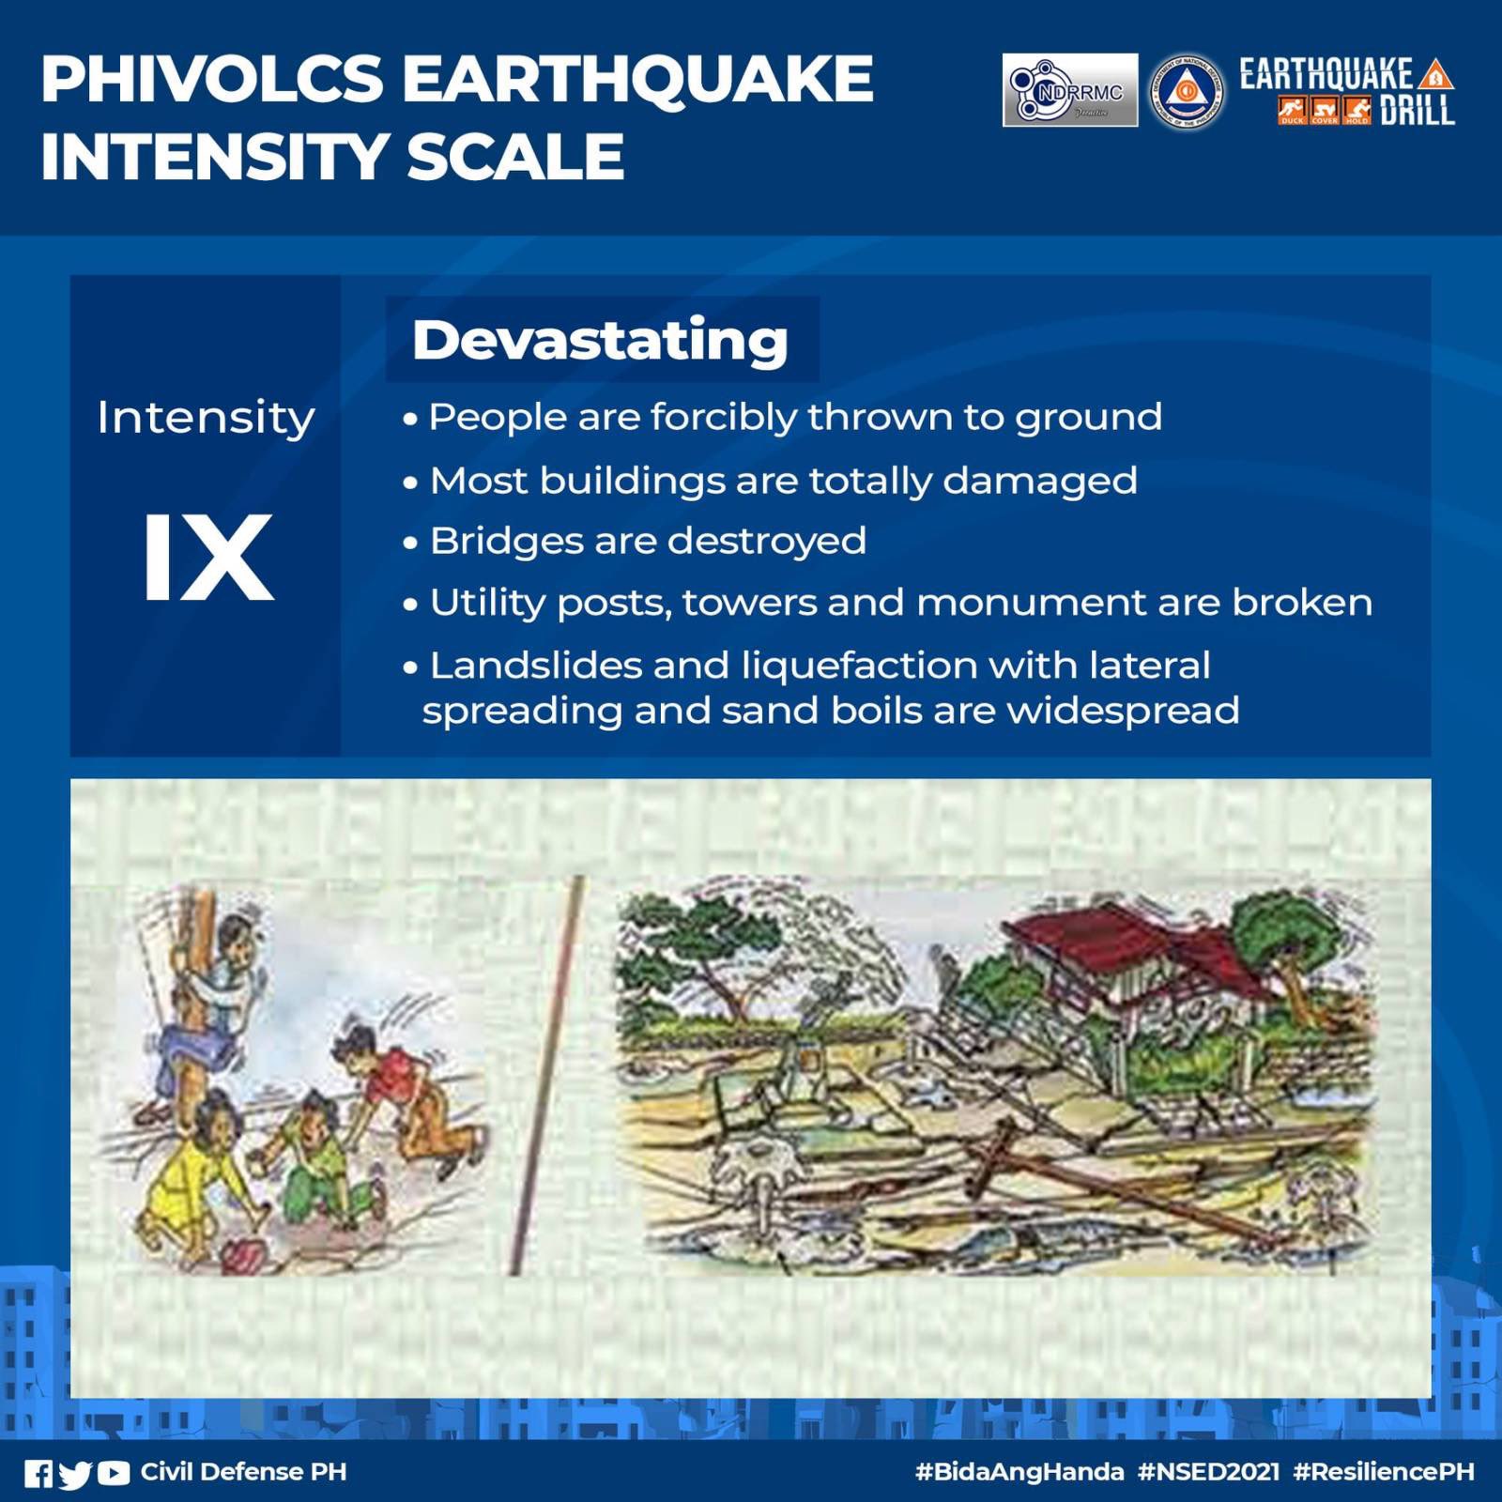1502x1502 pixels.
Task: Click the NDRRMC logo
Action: (x=1069, y=90)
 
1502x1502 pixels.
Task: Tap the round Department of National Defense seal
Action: (x=1187, y=91)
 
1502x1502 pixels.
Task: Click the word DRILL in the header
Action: (x=1417, y=111)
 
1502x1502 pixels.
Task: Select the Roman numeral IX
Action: (x=207, y=559)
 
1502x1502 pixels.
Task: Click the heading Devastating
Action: (x=600, y=339)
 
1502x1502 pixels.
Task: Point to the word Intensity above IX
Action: (x=206, y=417)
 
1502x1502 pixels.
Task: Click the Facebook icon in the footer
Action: (x=38, y=1473)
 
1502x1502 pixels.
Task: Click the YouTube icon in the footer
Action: (x=114, y=1473)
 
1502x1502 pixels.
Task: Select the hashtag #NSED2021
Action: (x=1208, y=1471)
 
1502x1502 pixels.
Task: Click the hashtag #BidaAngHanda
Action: (x=1019, y=1471)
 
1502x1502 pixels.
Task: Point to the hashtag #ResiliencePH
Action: (x=1383, y=1471)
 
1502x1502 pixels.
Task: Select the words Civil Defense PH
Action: (x=243, y=1471)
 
